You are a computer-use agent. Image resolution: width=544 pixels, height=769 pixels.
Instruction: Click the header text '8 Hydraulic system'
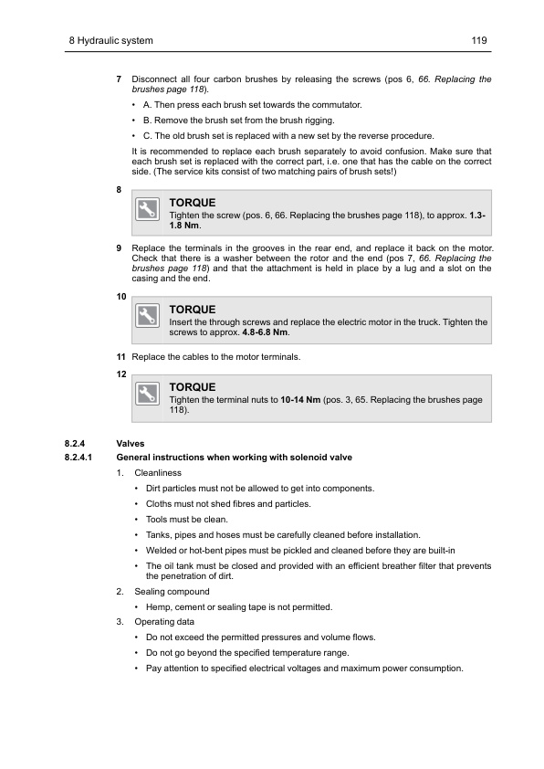point(110,42)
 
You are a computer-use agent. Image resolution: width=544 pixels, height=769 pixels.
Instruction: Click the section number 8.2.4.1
point(79,457)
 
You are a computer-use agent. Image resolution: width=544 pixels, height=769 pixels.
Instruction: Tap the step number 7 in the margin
point(119,80)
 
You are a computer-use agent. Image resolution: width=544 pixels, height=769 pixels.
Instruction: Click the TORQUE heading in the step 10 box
point(192,310)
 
